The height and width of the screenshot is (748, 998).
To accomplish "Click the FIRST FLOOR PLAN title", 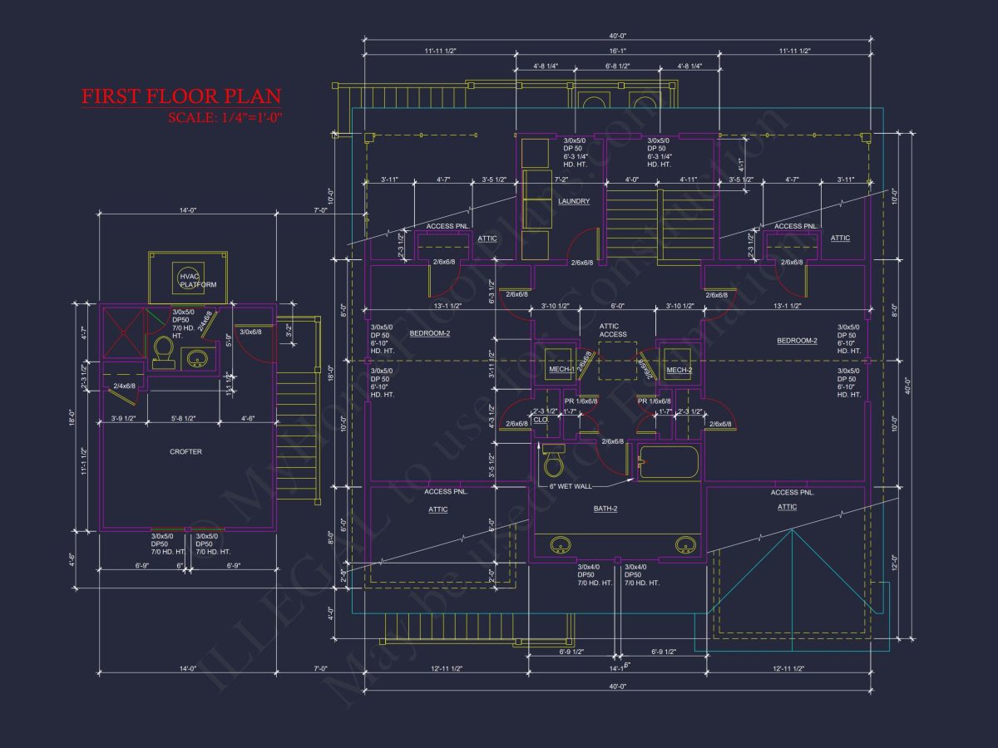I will (x=180, y=96).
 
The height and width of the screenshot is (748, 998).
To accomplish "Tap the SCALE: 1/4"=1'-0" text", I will (x=225, y=117).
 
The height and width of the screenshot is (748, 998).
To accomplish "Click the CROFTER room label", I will (x=185, y=452).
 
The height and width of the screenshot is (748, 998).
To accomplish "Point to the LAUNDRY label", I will (x=574, y=201).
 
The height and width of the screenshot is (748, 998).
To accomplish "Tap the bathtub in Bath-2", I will (x=668, y=463).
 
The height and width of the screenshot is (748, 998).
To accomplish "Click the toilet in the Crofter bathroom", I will (x=164, y=352).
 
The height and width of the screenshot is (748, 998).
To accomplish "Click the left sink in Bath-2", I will (x=561, y=545).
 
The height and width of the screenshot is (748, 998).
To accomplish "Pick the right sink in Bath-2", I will (x=684, y=545).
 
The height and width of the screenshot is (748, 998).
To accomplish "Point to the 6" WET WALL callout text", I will (x=571, y=485).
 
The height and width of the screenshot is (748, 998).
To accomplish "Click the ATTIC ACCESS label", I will (x=613, y=330).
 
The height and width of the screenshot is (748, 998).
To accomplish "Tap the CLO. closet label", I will (x=541, y=420).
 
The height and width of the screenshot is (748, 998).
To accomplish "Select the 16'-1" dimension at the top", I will (x=616, y=52).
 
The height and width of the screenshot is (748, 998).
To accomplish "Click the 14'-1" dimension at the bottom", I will (x=616, y=667).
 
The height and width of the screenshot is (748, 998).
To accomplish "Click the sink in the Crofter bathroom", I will (x=197, y=358).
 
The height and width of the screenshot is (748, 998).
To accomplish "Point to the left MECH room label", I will (x=559, y=370).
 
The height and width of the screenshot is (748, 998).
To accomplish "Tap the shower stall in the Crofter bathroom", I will (x=123, y=332).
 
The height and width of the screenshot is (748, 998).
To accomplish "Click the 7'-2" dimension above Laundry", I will (x=561, y=179).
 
